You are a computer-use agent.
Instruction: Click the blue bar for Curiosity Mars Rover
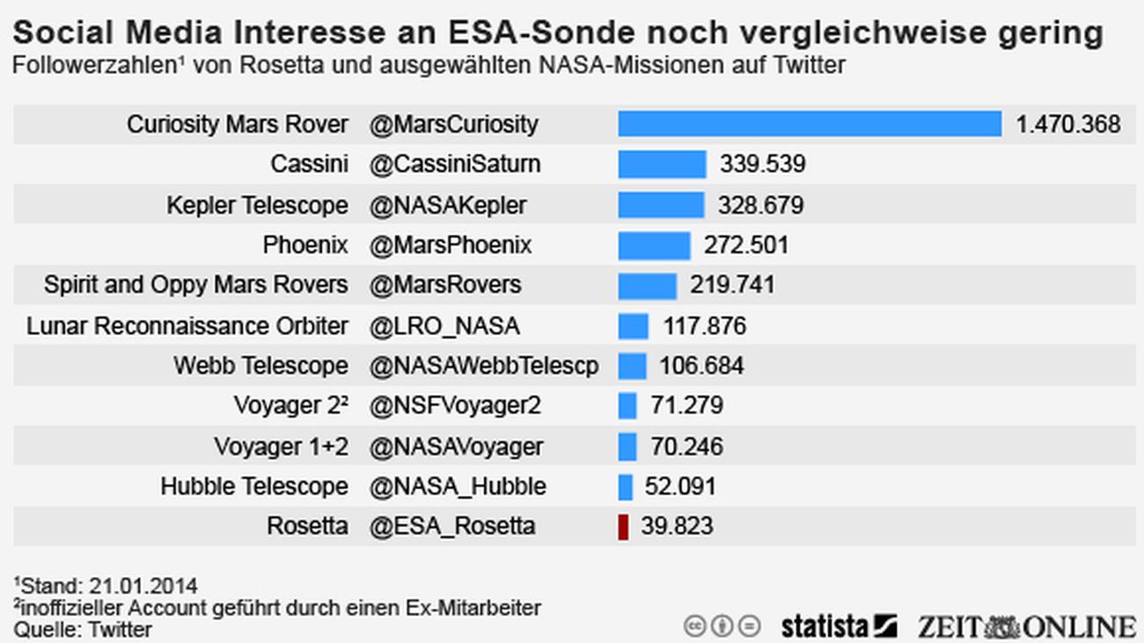click(x=810, y=124)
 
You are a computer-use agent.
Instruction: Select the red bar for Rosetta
click(x=623, y=527)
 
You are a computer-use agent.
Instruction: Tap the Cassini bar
click(x=662, y=164)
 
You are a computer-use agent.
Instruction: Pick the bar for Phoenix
click(x=654, y=245)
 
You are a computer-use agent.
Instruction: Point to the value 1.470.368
click(x=1068, y=124)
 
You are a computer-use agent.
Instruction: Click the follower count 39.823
click(x=677, y=527)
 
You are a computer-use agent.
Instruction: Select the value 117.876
click(x=704, y=326)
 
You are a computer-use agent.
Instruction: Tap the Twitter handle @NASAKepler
click(x=448, y=205)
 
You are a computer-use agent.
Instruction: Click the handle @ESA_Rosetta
click(x=452, y=527)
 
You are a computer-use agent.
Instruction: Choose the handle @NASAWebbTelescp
click(x=484, y=366)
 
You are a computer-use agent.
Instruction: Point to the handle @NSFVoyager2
click(x=455, y=406)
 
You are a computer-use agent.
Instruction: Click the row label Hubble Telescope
click(x=254, y=486)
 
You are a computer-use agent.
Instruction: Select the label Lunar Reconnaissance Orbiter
click(x=187, y=326)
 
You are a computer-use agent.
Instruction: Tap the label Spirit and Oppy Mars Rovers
click(x=196, y=286)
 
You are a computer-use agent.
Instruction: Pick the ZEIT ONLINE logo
click(x=1026, y=625)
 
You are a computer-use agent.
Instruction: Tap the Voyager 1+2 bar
click(x=627, y=446)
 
